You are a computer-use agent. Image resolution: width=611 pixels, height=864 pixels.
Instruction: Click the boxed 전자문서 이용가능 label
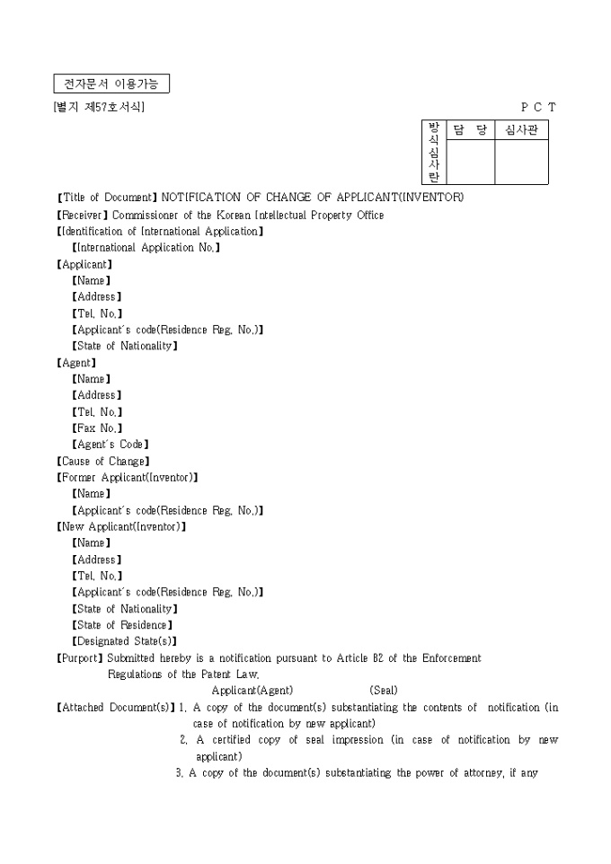click(x=111, y=84)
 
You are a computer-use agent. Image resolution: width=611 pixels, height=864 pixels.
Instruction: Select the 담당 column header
click(x=470, y=131)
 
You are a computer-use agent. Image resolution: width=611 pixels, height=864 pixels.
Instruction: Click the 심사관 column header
click(x=521, y=131)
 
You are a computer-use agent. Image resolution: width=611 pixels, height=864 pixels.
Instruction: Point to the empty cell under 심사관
click(x=521, y=163)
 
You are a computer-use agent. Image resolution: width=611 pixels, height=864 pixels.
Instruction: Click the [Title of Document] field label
click(x=107, y=198)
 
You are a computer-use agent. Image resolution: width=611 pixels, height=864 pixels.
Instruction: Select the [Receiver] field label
click(x=83, y=215)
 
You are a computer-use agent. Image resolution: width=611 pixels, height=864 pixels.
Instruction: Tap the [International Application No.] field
click(x=146, y=248)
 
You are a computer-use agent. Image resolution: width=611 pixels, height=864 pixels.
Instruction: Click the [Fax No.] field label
click(x=96, y=428)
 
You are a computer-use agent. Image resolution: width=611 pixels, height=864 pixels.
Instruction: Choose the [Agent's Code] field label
click(x=110, y=445)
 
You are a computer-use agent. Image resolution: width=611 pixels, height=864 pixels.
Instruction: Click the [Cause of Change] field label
click(x=102, y=462)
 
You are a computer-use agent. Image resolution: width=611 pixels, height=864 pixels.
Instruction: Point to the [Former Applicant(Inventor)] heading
click(x=127, y=478)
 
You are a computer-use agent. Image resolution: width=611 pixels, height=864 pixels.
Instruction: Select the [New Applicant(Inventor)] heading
click(x=121, y=527)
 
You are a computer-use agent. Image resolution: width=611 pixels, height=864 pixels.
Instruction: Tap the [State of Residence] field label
click(x=121, y=625)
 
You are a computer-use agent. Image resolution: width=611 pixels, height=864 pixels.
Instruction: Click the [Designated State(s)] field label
click(x=124, y=641)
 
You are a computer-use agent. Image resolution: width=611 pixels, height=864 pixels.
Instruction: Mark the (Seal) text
click(x=384, y=691)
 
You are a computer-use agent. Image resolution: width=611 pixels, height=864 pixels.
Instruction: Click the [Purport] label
click(x=80, y=658)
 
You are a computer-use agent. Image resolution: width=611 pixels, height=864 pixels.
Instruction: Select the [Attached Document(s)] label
click(x=115, y=708)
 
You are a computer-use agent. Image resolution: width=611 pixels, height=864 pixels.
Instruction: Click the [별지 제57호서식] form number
click(x=99, y=108)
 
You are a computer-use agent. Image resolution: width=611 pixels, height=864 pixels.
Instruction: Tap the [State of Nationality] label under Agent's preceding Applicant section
click(x=124, y=346)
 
